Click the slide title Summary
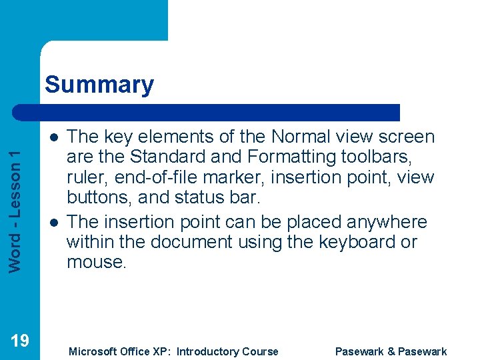(x=99, y=85)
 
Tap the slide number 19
(x=20, y=341)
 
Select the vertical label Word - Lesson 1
(x=20, y=200)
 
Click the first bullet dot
(x=52, y=137)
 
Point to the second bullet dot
(x=52, y=221)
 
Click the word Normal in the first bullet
(x=304, y=137)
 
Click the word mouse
(x=95, y=263)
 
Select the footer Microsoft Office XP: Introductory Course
(x=173, y=351)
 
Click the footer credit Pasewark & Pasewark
(x=391, y=351)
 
